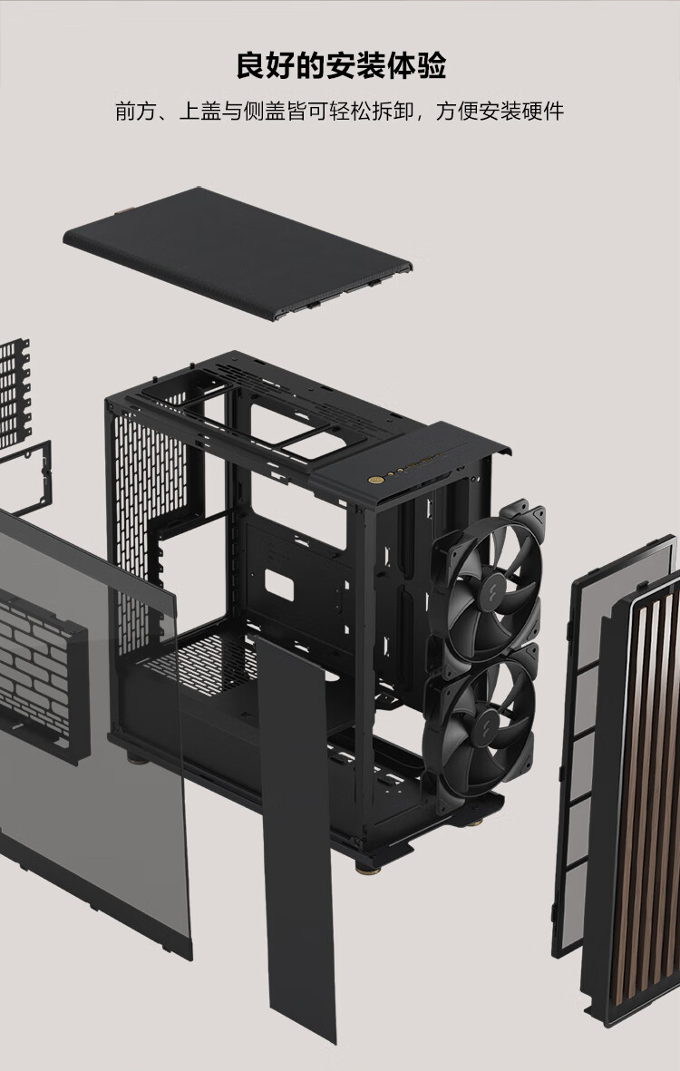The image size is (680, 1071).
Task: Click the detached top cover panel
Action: (x=238, y=254)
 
